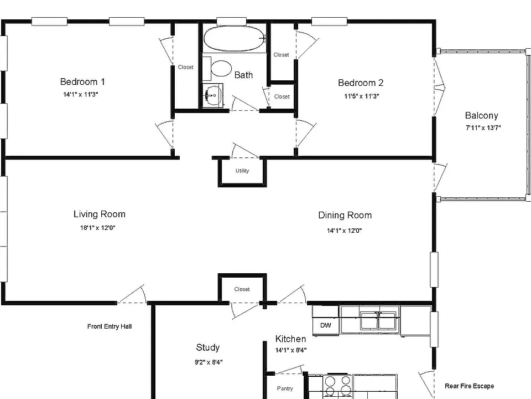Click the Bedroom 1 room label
tap(82, 82)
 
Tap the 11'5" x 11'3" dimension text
tap(361, 96)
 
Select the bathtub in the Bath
tap(235, 39)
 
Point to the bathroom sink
tap(213, 96)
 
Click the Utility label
tap(242, 171)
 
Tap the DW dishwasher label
tap(325, 325)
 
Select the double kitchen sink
tap(378, 320)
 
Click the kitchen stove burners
tap(337, 386)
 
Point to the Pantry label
tap(285, 388)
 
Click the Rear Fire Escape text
tap(469, 386)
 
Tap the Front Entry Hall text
tap(110, 326)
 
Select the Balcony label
tap(482, 116)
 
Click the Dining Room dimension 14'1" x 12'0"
tap(344, 231)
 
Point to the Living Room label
tap(100, 214)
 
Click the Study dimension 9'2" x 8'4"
tap(209, 362)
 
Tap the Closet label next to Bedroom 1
tap(186, 67)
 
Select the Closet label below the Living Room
tap(242, 289)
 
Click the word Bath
tap(243, 75)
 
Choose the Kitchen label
tap(290, 339)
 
